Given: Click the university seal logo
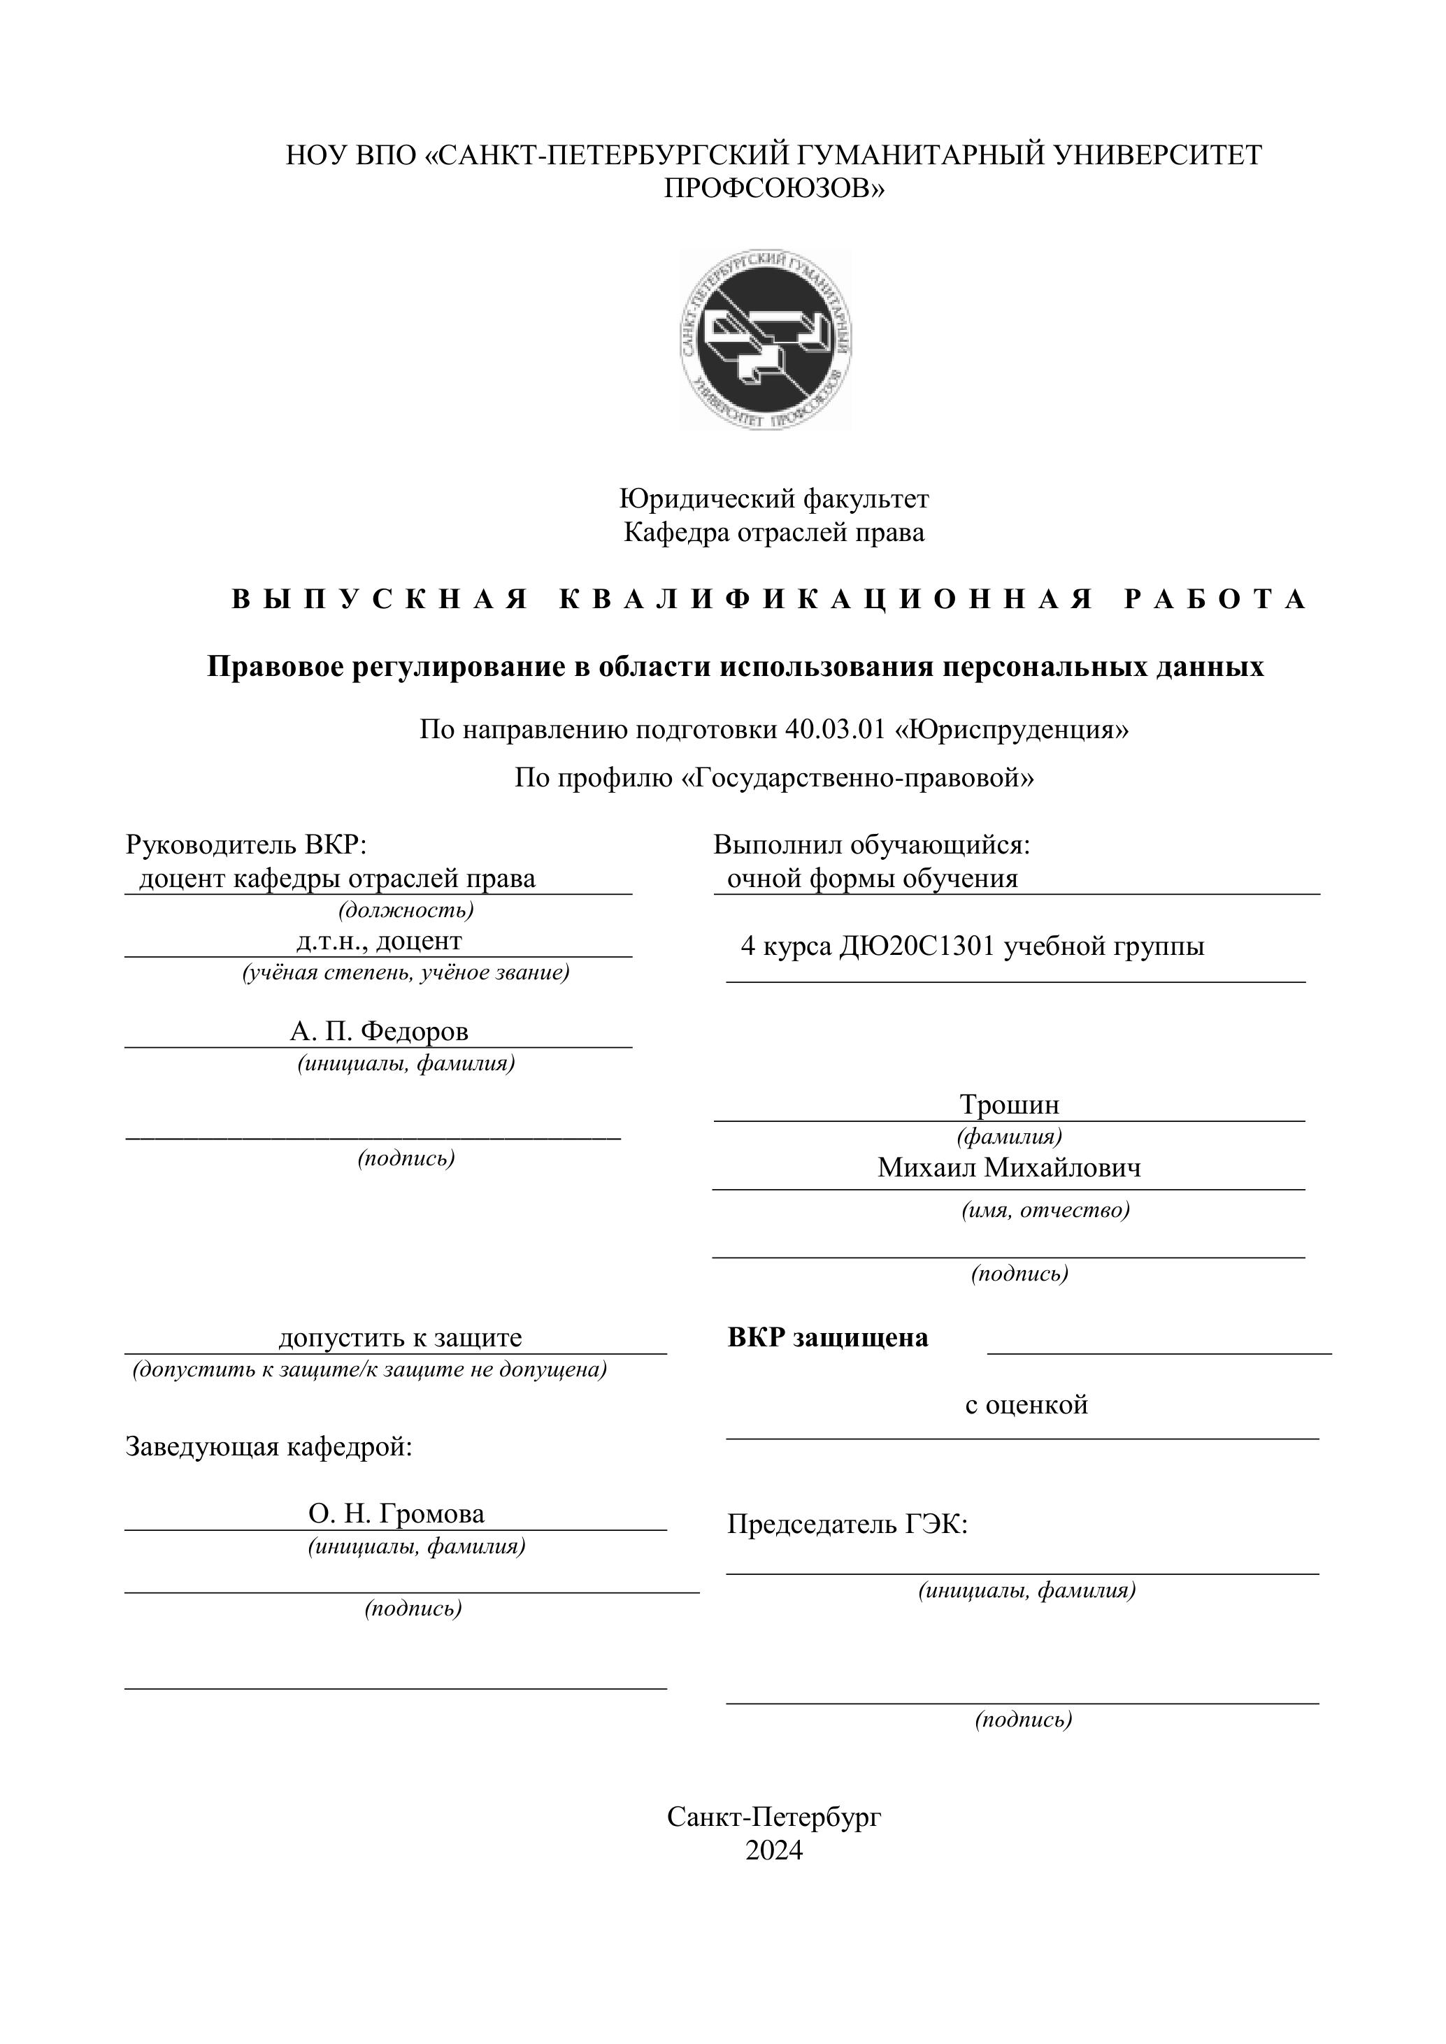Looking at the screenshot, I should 766,340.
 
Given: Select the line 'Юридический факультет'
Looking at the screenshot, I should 774,498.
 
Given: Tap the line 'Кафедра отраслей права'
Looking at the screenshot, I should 774,533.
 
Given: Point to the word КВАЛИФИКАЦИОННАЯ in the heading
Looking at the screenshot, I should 826,599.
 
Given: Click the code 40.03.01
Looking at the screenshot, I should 834,730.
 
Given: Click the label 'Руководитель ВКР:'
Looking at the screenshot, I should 245,844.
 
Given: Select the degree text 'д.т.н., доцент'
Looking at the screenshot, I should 378,941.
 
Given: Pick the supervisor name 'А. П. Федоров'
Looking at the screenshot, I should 378,1031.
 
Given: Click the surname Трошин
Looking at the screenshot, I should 1009,1104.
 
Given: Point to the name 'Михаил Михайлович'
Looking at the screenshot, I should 1009,1167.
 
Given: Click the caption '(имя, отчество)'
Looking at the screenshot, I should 1045,1210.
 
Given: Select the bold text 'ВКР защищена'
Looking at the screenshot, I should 827,1337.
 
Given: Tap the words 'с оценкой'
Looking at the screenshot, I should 1026,1405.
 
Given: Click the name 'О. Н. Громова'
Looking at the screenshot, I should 396,1513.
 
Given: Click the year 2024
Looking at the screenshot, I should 774,1851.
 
